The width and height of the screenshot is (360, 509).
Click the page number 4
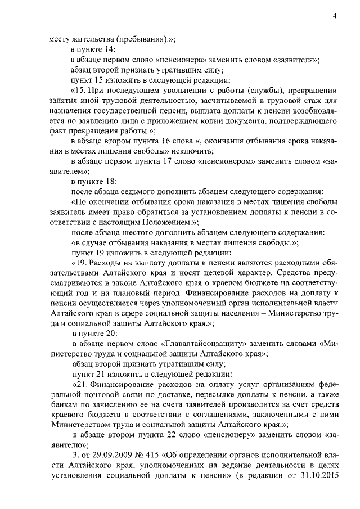(x=334, y=15)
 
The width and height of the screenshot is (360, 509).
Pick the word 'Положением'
(x=165, y=222)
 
